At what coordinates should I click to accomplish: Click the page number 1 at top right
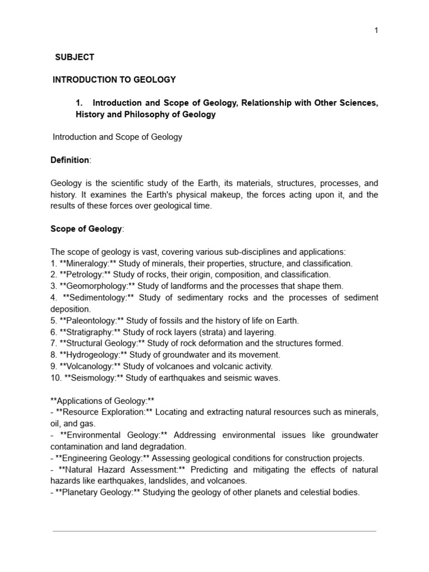[376, 30]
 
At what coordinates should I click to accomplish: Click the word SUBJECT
[75, 57]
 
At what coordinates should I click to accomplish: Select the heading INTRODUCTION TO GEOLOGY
[114, 80]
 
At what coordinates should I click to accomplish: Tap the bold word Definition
[70, 160]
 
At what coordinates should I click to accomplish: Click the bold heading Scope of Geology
[86, 228]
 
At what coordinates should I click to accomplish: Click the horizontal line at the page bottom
[214, 531]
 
